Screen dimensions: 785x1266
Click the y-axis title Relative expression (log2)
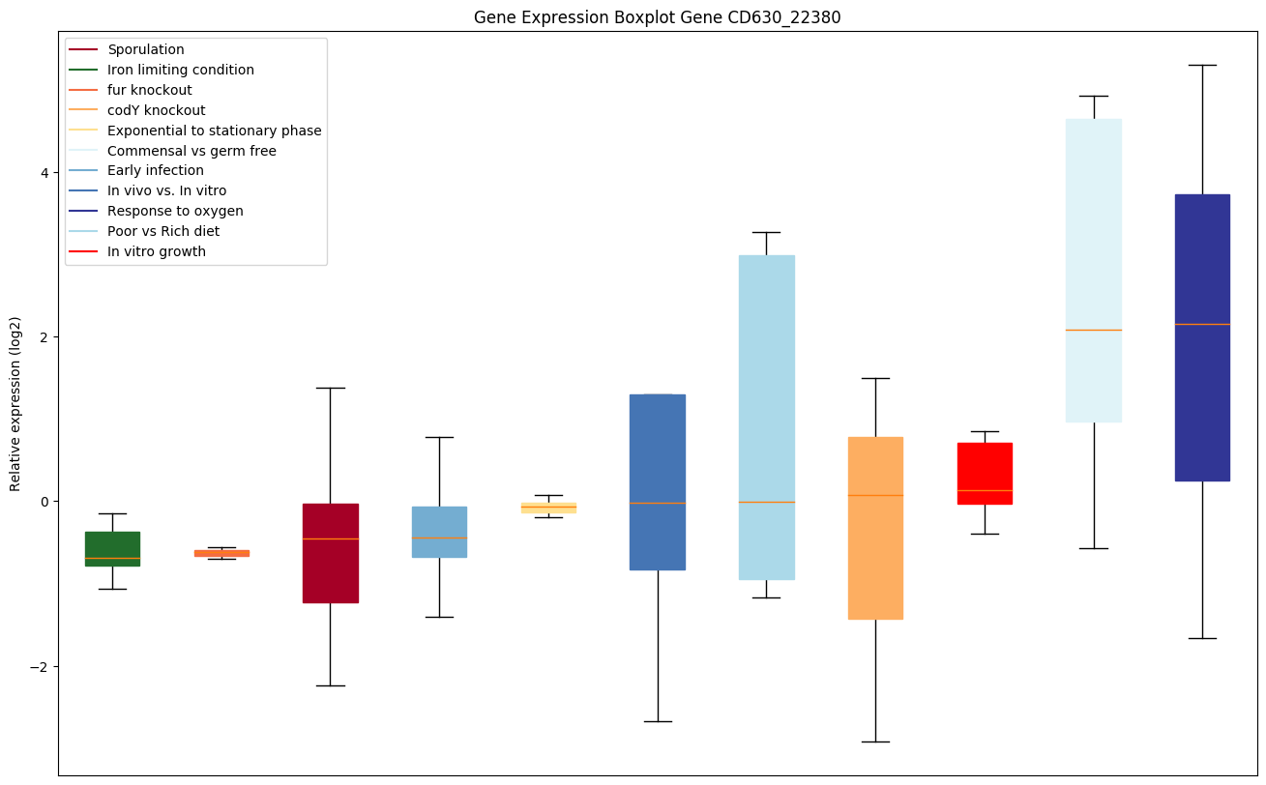point(15,403)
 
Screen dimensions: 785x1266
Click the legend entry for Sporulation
point(146,49)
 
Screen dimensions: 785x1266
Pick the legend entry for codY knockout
point(157,110)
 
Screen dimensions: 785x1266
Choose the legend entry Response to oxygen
point(175,211)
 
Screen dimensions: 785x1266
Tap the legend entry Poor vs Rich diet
point(163,231)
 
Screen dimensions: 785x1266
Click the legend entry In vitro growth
point(157,251)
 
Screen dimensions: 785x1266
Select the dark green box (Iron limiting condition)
point(112,548)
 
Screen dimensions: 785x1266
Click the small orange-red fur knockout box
point(221,553)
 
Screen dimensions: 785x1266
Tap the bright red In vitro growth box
point(985,474)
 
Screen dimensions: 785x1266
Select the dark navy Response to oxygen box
point(1202,337)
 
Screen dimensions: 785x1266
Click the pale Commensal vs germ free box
point(1093,271)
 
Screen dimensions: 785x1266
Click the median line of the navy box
point(1202,324)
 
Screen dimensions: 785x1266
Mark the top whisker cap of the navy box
point(1202,65)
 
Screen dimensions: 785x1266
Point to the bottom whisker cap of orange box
point(875,741)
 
